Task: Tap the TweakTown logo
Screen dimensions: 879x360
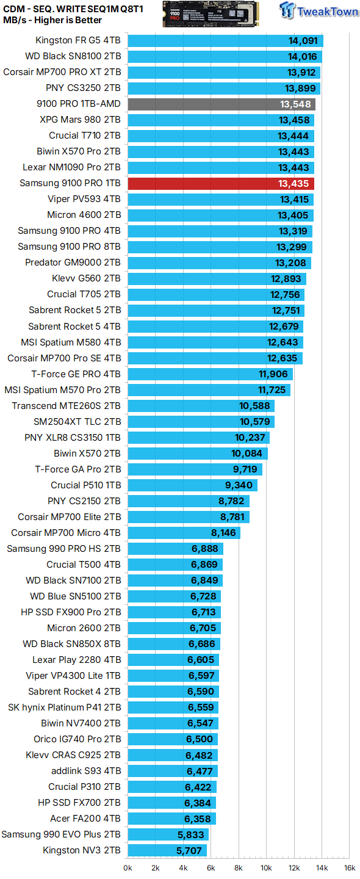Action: tap(318, 12)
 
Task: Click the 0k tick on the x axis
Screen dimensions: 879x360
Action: tap(128, 867)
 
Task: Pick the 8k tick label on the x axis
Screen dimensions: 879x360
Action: tap(239, 867)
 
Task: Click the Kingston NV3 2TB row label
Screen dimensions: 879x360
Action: tap(82, 850)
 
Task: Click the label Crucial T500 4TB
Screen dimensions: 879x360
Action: tap(84, 565)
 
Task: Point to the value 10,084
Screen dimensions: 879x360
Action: tap(247, 454)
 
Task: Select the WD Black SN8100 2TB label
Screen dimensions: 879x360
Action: tap(73, 56)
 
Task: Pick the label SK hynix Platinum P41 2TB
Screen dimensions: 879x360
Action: tap(64, 707)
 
